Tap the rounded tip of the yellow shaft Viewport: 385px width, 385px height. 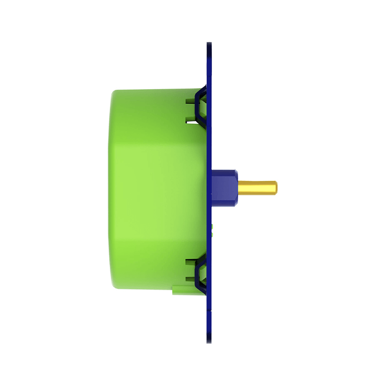(276, 187)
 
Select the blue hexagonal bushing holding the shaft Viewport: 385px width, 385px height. (225, 187)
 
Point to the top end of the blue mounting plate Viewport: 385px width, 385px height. (209, 46)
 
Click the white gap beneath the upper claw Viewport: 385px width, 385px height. (192, 122)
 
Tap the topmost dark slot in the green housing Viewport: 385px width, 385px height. (190, 101)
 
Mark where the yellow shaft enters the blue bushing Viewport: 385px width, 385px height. (239, 187)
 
